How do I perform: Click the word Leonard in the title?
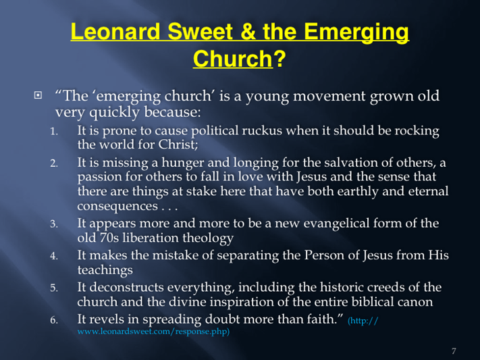[x=115, y=32]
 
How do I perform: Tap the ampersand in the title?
[x=248, y=32]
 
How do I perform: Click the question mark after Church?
[x=279, y=58]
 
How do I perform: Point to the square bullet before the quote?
[x=38, y=95]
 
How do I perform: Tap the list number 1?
[x=54, y=132]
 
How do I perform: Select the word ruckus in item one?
[x=262, y=131]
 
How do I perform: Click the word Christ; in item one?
[x=178, y=145]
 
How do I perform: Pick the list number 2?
[x=54, y=163]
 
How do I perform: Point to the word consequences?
[x=117, y=206]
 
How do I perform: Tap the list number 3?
[x=54, y=224]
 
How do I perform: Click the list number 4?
[x=54, y=256]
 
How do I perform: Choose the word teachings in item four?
[x=105, y=271]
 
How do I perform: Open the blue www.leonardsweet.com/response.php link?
[x=153, y=332]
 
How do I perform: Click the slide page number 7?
[x=454, y=351]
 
